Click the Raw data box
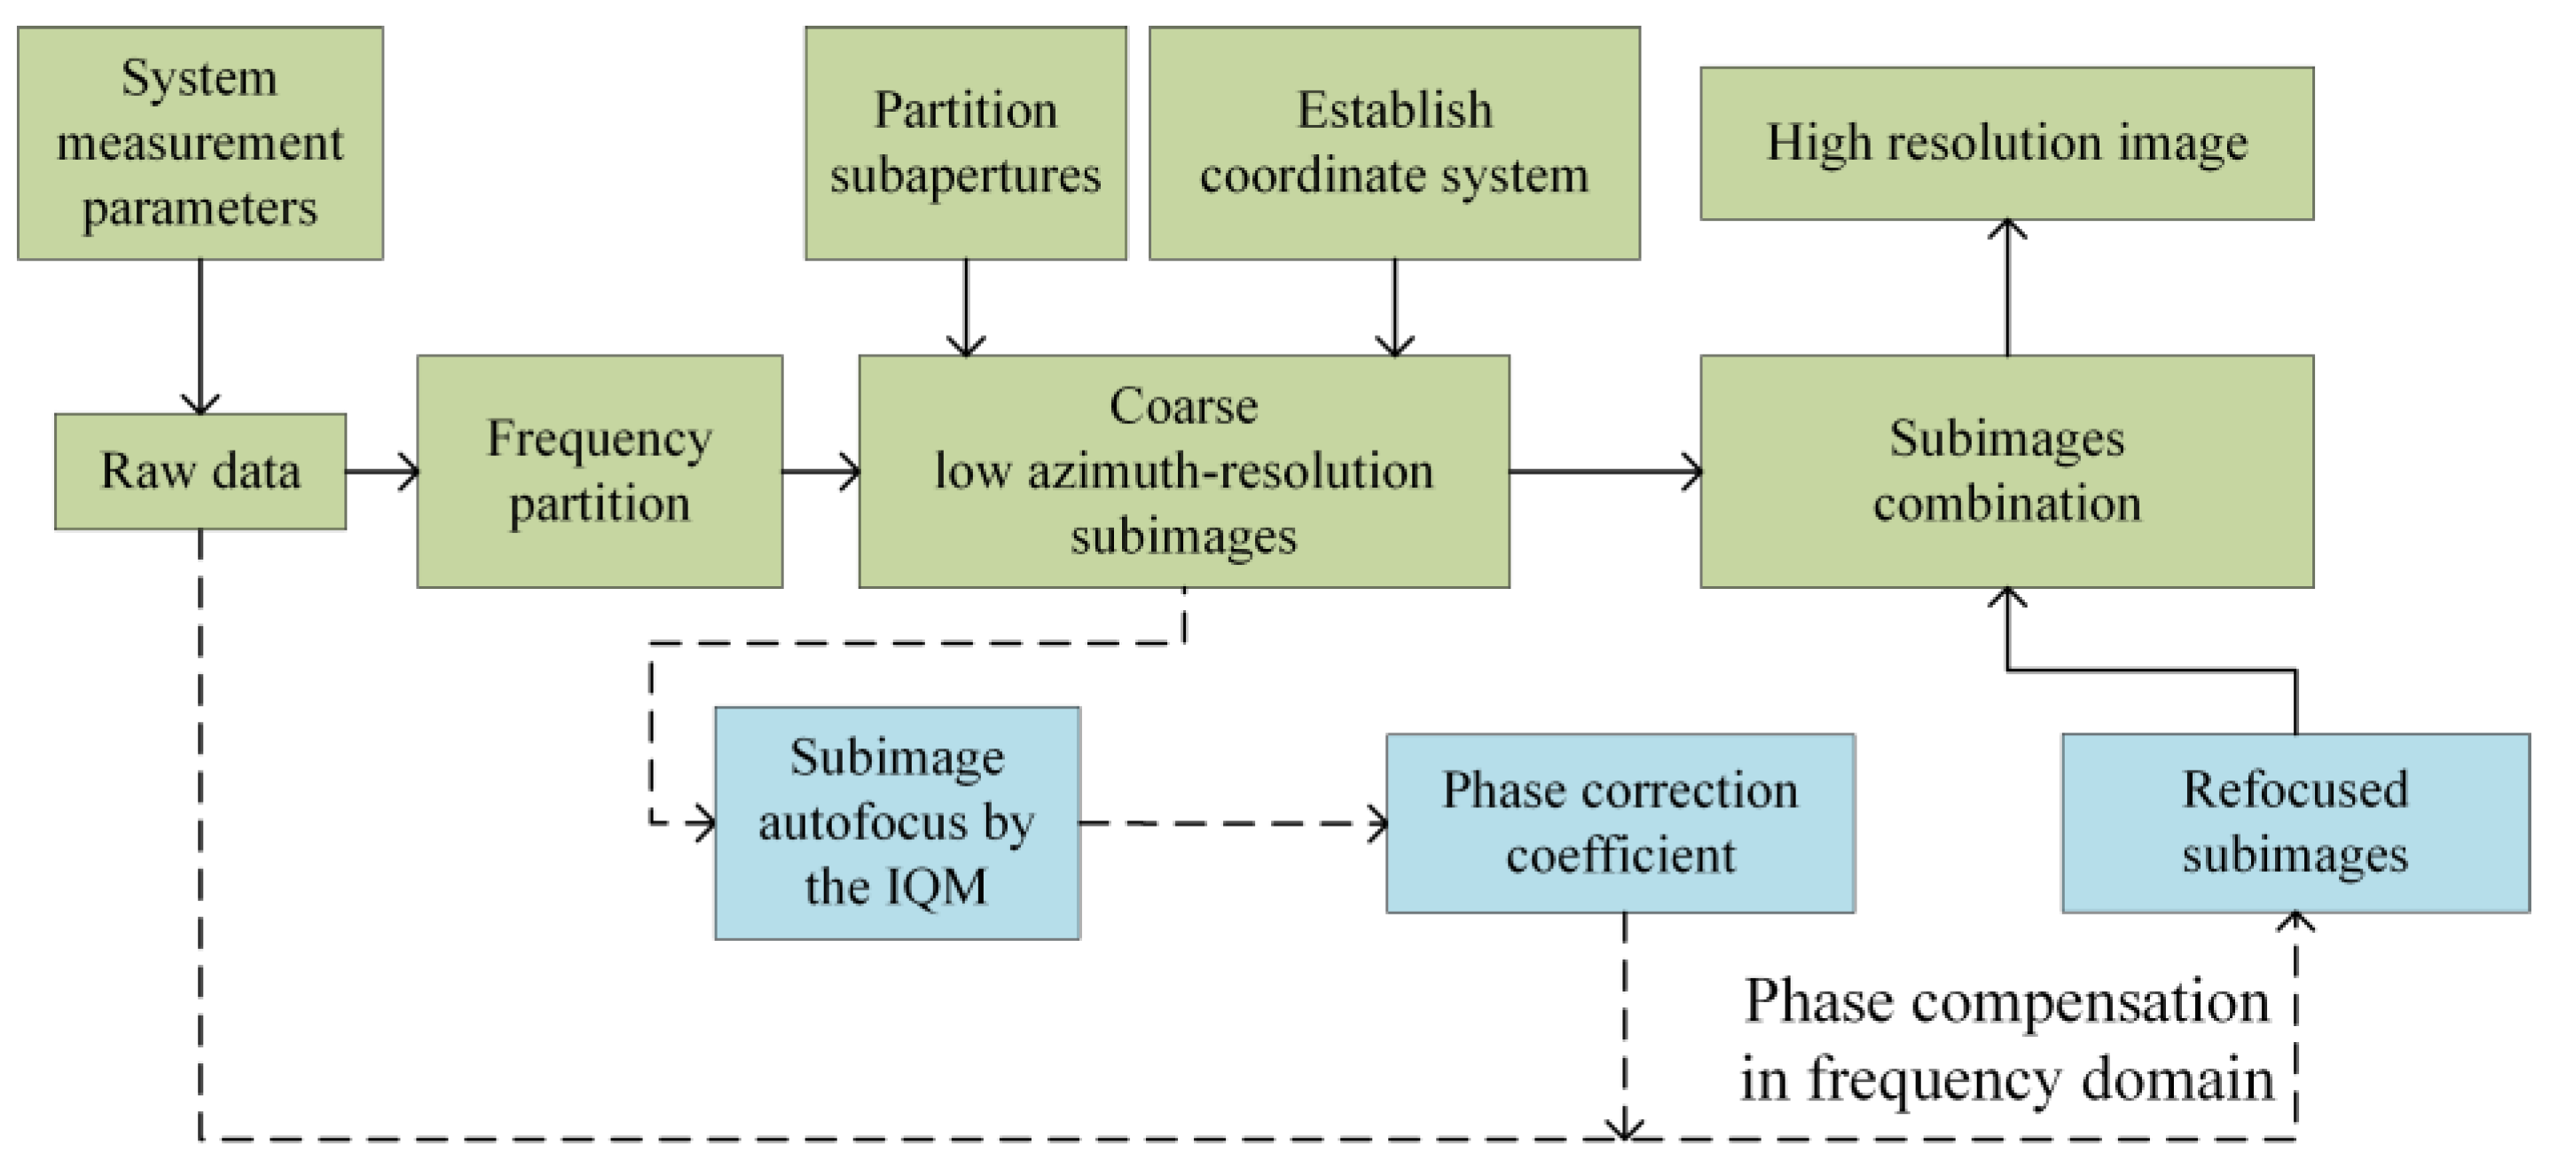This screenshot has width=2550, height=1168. click(x=200, y=471)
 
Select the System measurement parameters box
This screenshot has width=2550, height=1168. click(x=200, y=143)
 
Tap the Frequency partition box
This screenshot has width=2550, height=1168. click(x=599, y=471)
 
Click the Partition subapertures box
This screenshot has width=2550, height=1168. click(x=965, y=143)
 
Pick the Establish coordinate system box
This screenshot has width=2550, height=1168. click(x=1393, y=143)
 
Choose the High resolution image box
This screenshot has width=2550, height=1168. click(x=2006, y=143)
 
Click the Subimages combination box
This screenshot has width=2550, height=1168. click(x=2006, y=471)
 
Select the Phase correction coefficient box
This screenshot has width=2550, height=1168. click(x=1620, y=822)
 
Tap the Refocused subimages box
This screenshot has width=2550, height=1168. click(x=2295, y=822)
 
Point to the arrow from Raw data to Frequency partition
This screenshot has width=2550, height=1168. click(x=382, y=471)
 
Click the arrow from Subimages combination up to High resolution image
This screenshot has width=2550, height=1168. click(x=2006, y=287)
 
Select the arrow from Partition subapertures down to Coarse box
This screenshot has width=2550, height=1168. click(x=965, y=307)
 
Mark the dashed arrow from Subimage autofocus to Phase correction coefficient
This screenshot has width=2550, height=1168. click(x=1233, y=822)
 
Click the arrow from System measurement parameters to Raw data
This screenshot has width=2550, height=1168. click(x=200, y=336)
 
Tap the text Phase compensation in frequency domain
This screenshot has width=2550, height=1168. click(x=2006, y=1039)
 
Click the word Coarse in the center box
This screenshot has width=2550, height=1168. click(x=1183, y=406)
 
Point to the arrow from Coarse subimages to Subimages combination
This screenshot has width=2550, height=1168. click(x=1604, y=471)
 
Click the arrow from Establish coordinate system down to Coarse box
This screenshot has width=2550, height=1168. click(x=1393, y=307)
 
